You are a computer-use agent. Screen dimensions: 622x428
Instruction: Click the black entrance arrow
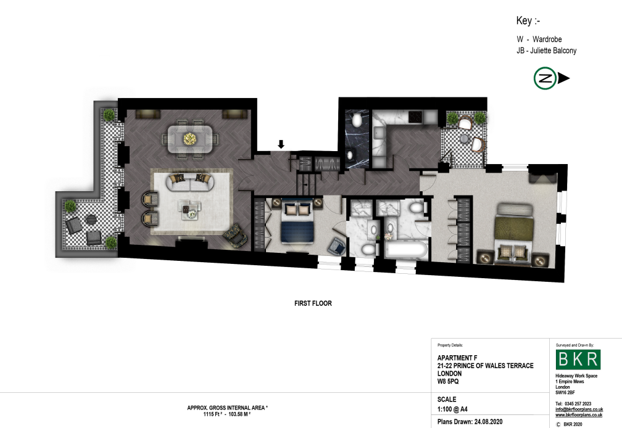(x=281, y=144)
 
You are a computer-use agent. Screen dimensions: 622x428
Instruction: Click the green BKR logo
(x=578, y=359)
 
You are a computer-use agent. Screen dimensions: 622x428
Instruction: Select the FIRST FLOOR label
(x=313, y=303)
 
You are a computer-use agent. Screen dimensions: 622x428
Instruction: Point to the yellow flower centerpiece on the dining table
(x=190, y=139)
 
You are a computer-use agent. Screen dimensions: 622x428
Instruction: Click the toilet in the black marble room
(x=357, y=120)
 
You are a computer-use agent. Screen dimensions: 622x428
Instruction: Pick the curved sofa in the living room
(x=190, y=182)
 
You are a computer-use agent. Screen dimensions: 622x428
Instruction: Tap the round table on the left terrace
(x=91, y=220)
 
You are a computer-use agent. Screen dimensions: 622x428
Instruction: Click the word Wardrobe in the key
(x=547, y=39)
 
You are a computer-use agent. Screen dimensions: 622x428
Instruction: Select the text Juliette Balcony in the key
(x=554, y=51)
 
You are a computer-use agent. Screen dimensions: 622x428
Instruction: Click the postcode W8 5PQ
(x=448, y=381)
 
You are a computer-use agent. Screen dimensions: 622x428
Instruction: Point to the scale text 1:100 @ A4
(x=452, y=409)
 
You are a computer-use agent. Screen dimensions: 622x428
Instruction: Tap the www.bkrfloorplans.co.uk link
(x=579, y=415)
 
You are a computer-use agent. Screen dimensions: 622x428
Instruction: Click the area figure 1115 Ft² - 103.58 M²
(x=227, y=414)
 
